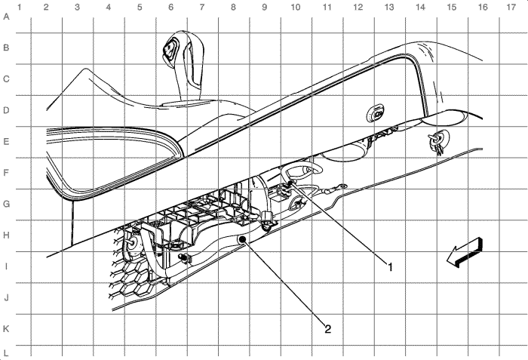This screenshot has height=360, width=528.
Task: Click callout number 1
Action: coord(390,267)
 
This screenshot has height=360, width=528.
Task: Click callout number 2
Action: coord(327,328)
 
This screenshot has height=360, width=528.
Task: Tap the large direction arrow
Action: coord(465,253)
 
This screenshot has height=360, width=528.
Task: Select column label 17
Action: coord(511,7)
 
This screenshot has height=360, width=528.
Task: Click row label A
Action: coord(6,17)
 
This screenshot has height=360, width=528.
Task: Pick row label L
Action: coord(6,353)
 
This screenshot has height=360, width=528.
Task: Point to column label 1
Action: coord(20,7)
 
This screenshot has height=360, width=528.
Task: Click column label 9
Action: coord(264,7)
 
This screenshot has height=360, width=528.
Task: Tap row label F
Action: coord(6,173)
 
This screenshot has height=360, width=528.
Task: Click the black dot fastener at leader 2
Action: coord(242,240)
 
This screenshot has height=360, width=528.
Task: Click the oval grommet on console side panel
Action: coord(376,113)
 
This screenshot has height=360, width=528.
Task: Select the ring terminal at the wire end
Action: coord(342,186)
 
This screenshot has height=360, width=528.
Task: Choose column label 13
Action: coord(389,7)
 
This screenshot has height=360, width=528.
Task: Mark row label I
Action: coord(6,266)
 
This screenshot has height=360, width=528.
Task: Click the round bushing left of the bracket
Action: coord(133,243)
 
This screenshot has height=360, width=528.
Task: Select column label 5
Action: coord(140,7)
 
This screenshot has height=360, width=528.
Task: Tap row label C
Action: coord(6,79)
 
